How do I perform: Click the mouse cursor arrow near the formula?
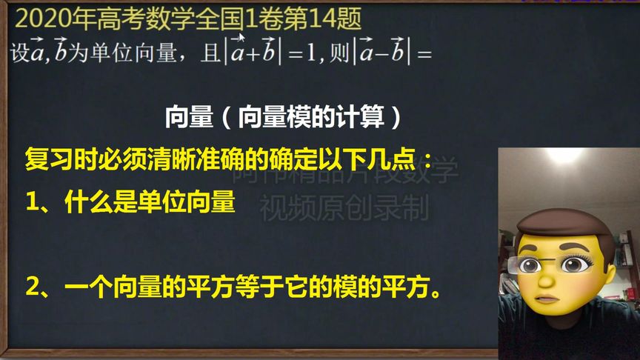pos(240,38)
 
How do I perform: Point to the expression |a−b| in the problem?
pos(383,52)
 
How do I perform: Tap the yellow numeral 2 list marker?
pos(32,287)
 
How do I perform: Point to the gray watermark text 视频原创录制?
pos(344,210)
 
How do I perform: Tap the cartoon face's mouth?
pos(548,298)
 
